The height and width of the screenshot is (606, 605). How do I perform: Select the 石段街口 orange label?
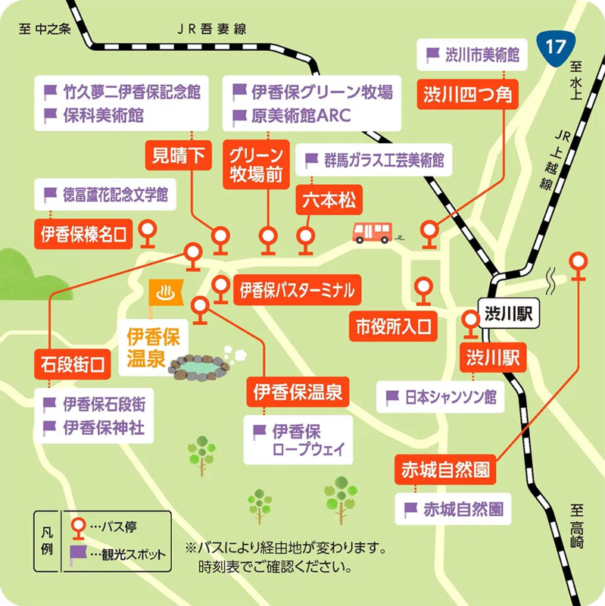click(x=75, y=362)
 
